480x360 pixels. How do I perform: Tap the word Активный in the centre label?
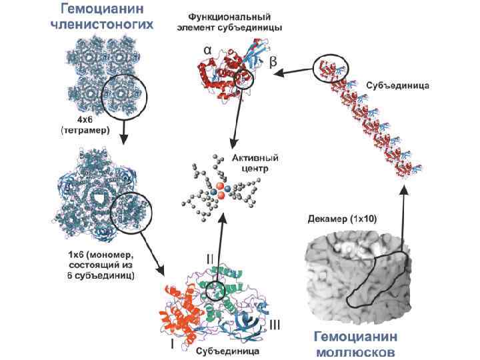(x=255, y=159)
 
